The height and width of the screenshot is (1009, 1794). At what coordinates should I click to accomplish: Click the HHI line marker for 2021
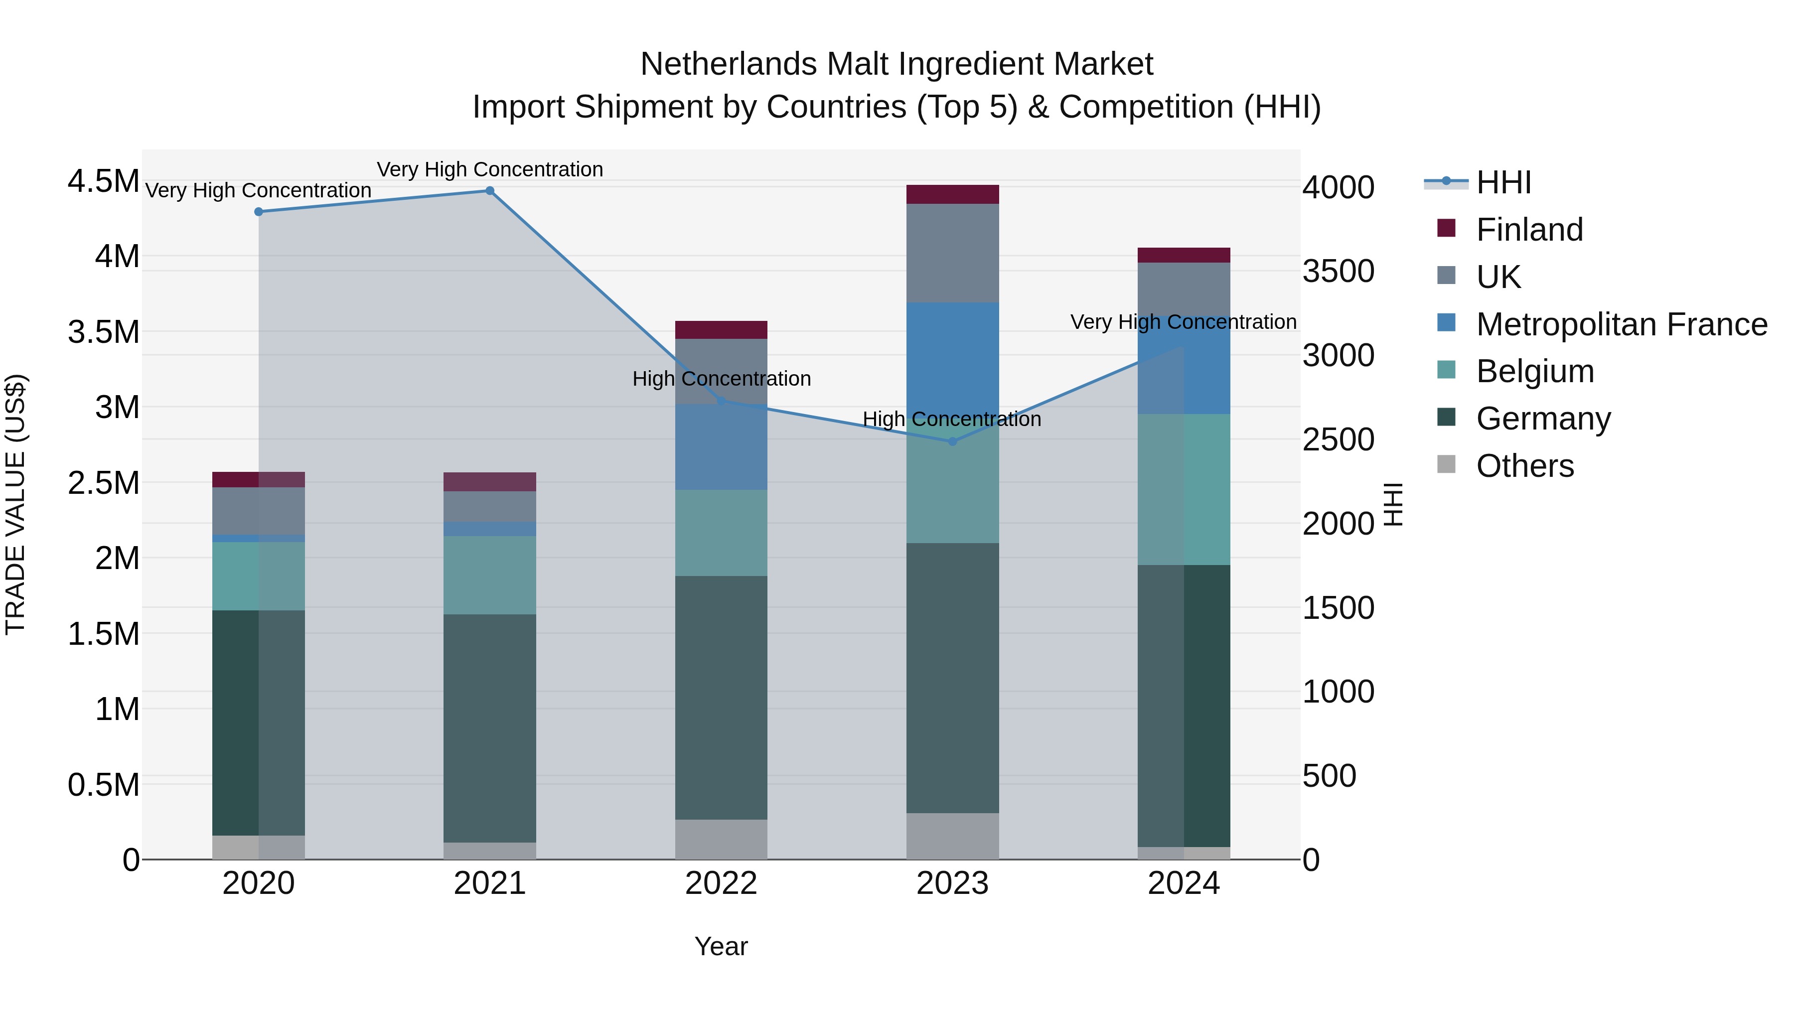coord(489,191)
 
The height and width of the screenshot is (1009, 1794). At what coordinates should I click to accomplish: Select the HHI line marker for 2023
coord(953,441)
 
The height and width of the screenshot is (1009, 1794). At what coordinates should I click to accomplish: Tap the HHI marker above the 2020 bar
coord(258,212)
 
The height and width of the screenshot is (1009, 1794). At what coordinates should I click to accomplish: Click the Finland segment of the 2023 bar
coord(953,194)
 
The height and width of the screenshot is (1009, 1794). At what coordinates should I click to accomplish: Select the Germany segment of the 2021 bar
coord(489,727)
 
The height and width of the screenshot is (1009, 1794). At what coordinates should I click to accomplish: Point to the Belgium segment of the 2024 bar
coord(1184,489)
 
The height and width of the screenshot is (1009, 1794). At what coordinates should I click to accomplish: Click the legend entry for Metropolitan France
coord(1621,324)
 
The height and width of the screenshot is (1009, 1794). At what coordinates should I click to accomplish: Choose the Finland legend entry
coord(1529,230)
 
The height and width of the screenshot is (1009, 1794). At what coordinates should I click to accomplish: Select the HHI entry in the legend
coord(1503,182)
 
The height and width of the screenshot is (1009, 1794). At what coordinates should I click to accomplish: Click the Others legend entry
coord(1524,466)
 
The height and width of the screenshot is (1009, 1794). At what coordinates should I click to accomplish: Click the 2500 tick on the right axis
coord(1339,439)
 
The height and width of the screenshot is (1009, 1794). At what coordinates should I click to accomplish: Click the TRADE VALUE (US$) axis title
coord(15,504)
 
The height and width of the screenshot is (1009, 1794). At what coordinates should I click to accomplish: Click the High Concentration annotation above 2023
coord(952,419)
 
